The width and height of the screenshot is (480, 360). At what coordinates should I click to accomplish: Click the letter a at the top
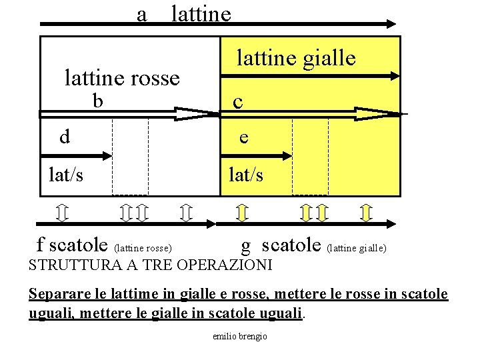(x=141, y=14)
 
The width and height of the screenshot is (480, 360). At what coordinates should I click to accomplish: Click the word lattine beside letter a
(x=201, y=14)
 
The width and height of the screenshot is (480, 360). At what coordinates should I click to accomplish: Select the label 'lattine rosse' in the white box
(x=122, y=79)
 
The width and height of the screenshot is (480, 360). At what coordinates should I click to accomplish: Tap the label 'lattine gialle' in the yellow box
(x=296, y=59)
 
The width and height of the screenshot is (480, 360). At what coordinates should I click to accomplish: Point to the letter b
(x=98, y=101)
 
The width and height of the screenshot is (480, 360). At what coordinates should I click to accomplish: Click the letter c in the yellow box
(x=237, y=102)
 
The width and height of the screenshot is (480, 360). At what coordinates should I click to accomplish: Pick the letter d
(x=65, y=137)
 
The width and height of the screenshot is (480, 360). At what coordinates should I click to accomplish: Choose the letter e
(x=244, y=137)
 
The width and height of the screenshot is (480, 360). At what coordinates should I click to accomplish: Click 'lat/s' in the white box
(x=67, y=175)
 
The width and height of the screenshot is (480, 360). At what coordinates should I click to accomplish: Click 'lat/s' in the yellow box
(x=245, y=175)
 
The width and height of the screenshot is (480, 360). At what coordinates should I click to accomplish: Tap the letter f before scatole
(x=41, y=245)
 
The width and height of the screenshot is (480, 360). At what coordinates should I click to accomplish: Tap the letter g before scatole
(x=246, y=246)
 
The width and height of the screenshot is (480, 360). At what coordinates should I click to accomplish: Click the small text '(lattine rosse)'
(x=144, y=248)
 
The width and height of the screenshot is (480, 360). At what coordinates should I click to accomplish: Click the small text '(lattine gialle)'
(x=357, y=248)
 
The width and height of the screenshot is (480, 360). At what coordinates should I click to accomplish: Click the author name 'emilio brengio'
(x=240, y=336)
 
